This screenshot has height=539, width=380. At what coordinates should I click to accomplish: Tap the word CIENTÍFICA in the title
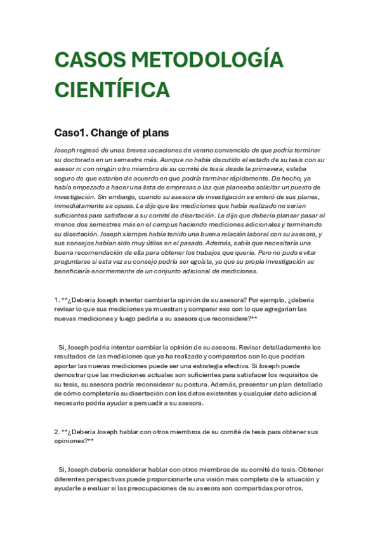click(x=112, y=89)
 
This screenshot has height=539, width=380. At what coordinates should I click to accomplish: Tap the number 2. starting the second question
click(x=57, y=432)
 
